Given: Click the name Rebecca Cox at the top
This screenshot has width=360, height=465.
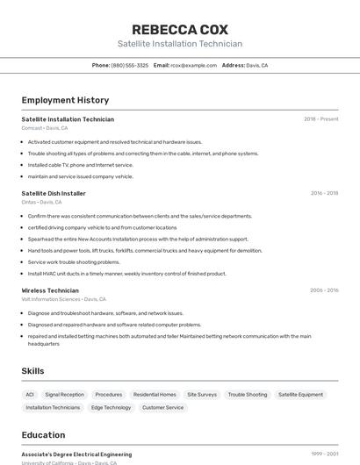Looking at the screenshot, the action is click(x=179, y=29).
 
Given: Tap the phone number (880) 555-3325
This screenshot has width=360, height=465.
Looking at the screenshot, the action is click(x=129, y=65).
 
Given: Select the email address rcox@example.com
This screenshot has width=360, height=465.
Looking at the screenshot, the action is click(x=193, y=65).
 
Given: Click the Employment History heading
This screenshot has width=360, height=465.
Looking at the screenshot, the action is click(x=65, y=100).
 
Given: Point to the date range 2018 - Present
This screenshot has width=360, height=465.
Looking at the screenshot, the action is click(x=320, y=119).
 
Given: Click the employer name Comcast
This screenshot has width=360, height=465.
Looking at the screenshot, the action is click(x=32, y=128).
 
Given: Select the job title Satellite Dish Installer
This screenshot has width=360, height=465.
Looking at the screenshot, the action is click(x=54, y=193).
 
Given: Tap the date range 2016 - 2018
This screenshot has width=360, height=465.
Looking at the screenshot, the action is click(x=324, y=193).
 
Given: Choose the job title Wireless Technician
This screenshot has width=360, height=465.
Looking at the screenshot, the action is click(x=50, y=290).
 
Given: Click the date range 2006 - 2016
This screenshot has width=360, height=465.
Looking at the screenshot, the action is click(x=324, y=290).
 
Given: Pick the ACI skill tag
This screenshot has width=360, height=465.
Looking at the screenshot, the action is click(x=30, y=395).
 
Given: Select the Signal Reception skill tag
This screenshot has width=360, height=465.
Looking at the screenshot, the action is click(x=65, y=395).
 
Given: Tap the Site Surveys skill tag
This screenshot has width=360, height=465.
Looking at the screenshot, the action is click(x=202, y=395).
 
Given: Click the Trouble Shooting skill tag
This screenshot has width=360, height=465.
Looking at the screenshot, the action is click(x=248, y=395).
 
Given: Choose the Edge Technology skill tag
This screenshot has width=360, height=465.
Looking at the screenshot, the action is click(x=111, y=407).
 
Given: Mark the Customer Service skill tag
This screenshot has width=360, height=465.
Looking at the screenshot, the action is click(x=162, y=407).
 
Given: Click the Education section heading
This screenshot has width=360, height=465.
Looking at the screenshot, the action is click(x=43, y=435).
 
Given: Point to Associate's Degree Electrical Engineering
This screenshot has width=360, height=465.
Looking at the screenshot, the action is click(x=76, y=454).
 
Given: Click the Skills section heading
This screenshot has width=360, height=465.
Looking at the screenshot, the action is click(x=33, y=371).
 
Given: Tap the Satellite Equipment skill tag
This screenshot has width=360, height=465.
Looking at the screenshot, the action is click(x=300, y=395).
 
